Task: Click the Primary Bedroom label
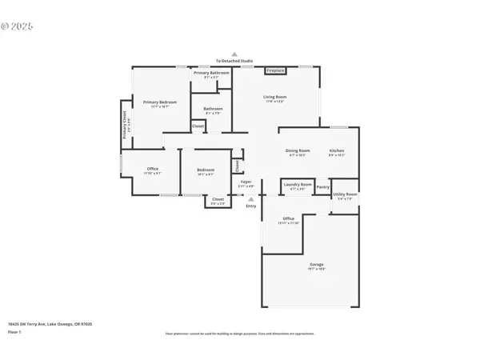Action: [160, 102]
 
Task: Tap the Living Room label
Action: [275, 98]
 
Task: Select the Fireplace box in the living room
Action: [276, 70]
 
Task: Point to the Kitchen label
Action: [337, 151]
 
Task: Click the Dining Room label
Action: [298, 151]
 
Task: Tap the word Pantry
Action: [322, 187]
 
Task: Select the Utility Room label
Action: [345, 194]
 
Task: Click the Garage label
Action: [318, 265]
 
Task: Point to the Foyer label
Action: [246, 182]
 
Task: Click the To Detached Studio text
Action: [234, 61]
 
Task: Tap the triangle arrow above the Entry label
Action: [250, 198]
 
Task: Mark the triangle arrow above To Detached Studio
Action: [234, 53]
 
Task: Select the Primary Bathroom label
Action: [211, 74]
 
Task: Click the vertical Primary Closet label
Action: [126, 125]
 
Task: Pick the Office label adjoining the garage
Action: [288, 218]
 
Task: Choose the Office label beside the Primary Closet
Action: [152, 168]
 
